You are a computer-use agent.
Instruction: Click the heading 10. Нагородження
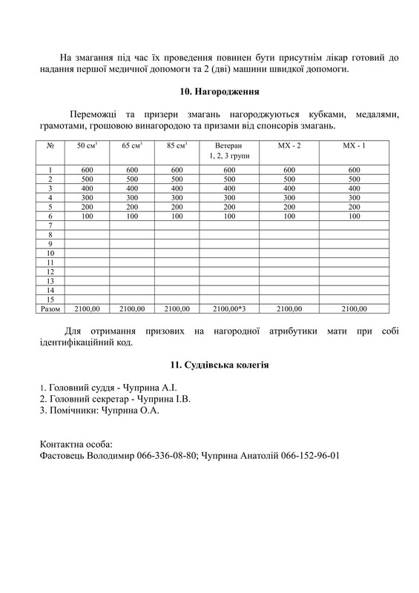(x=219, y=92)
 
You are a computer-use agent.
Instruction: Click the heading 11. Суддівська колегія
(x=219, y=365)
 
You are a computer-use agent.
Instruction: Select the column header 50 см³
(x=88, y=146)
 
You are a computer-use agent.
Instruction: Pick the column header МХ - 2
(x=289, y=146)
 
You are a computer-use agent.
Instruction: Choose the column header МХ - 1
(x=354, y=146)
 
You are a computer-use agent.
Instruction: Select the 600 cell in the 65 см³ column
(x=132, y=170)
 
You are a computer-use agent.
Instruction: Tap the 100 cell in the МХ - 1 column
(x=354, y=216)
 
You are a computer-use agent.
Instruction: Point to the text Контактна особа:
(x=76, y=444)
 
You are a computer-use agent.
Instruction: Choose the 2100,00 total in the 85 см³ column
(x=176, y=308)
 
